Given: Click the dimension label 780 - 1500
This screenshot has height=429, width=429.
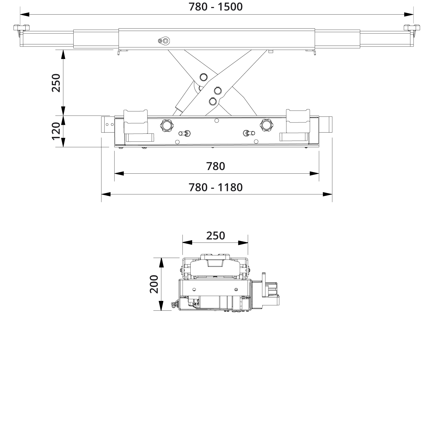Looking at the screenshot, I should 216,7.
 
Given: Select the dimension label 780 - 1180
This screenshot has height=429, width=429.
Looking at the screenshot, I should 216,187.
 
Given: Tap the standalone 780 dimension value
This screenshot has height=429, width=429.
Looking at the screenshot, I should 216,166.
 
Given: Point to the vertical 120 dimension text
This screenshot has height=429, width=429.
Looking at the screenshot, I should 56,131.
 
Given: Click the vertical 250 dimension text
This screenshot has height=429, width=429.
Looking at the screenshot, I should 56,83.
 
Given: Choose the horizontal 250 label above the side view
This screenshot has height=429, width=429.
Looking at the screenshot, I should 216,236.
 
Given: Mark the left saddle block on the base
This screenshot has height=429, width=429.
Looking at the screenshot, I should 136,121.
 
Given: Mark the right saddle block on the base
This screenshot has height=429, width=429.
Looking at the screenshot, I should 298,121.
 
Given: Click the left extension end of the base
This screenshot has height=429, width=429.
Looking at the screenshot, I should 107,125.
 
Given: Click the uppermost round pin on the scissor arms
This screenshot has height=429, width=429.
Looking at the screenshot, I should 204,77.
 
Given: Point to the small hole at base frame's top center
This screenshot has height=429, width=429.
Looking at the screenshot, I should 217,120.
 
